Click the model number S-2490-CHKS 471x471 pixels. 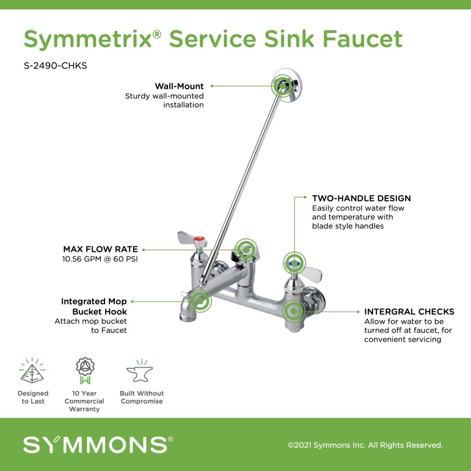[55, 65]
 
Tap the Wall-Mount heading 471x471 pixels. [179, 86]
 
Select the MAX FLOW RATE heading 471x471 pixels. [100, 249]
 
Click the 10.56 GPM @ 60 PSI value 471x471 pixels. [100, 259]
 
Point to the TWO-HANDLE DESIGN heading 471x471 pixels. [361, 198]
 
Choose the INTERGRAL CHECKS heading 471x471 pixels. [409, 311]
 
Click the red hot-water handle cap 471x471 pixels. [199, 239]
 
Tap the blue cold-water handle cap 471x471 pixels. [294, 263]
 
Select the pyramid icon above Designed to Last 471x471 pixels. [32, 371]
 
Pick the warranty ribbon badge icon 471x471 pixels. [85, 371]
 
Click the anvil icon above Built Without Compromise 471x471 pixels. [140, 371]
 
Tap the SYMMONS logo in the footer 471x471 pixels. [98, 444]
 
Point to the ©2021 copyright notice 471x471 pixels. [365, 445]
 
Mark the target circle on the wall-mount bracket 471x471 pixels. [283, 86]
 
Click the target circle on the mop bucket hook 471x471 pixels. [200, 301]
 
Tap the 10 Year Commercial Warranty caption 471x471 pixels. [84, 401]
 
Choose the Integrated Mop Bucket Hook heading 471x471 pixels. [94, 306]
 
